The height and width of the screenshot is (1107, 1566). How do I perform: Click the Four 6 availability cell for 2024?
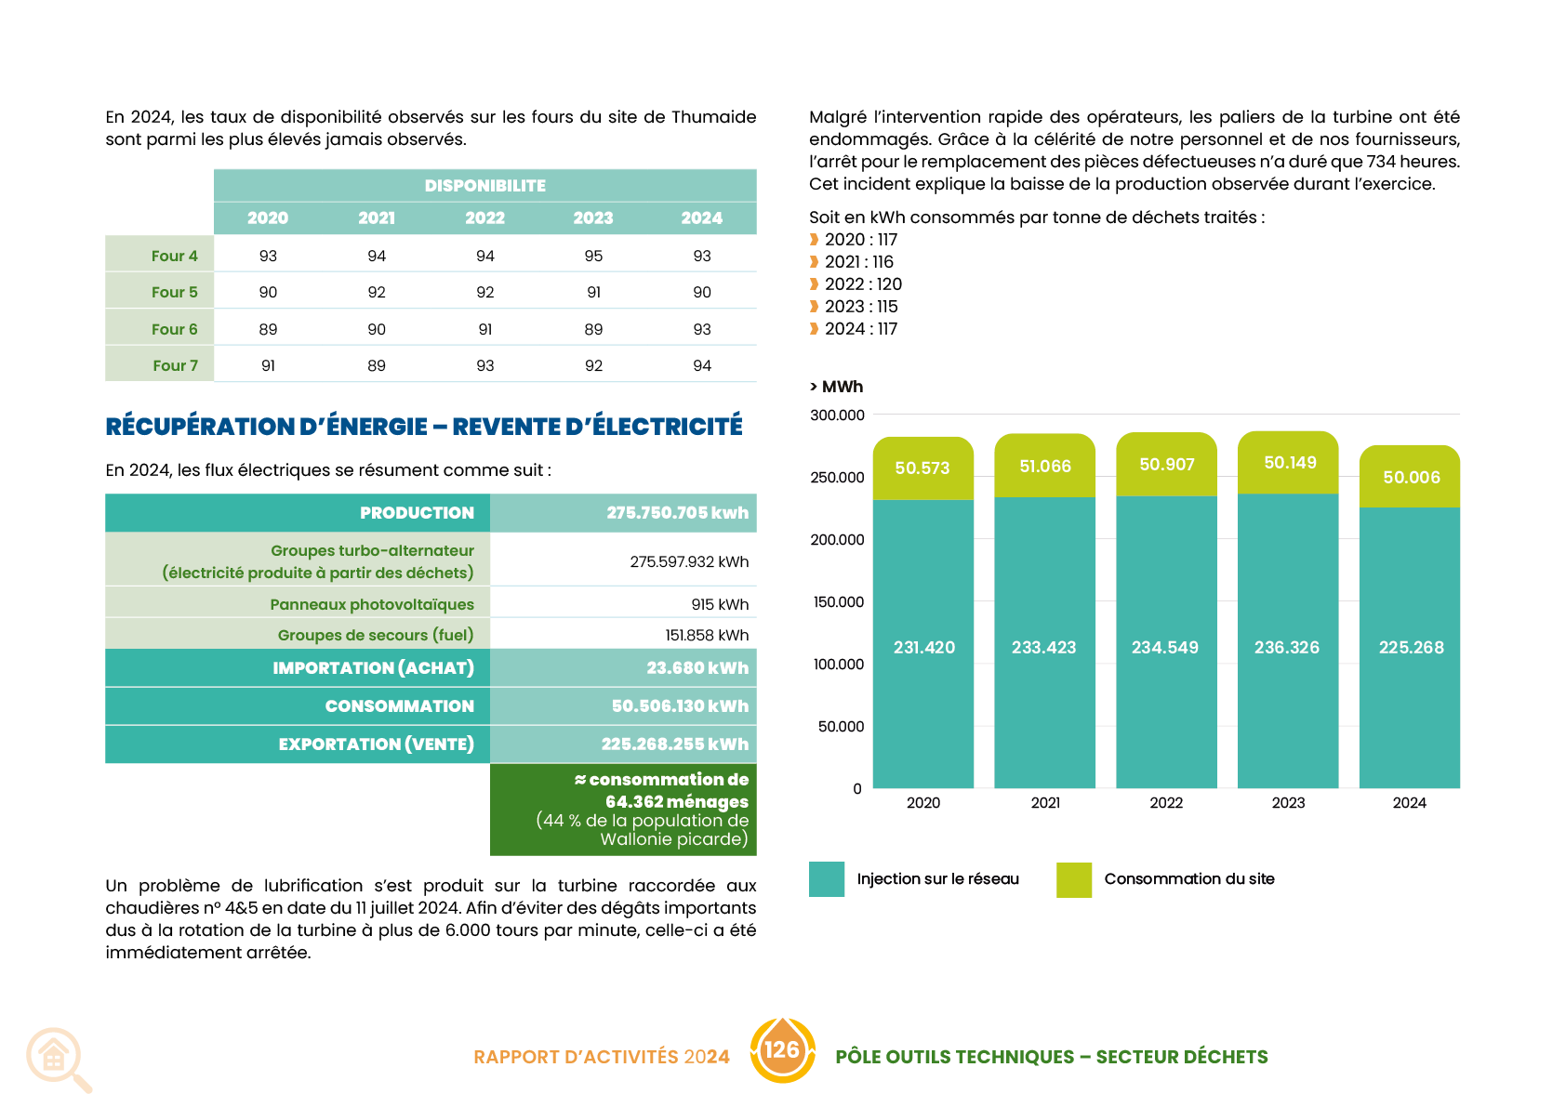point(702,329)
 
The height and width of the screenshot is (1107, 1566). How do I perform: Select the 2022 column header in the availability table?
point(484,217)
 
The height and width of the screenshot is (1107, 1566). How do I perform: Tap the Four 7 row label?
point(175,365)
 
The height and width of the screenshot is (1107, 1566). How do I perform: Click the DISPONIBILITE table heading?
point(484,185)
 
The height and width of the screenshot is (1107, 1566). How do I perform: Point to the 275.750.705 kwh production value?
point(677,513)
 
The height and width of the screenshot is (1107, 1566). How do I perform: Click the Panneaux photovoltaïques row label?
point(372,604)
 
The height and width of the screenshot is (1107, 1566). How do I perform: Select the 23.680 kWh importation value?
point(697,667)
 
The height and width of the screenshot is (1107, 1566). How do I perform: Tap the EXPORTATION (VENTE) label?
point(376,744)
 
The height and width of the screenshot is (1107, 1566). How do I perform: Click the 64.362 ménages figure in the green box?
point(676,801)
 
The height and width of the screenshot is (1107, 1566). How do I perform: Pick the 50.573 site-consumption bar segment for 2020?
point(922,468)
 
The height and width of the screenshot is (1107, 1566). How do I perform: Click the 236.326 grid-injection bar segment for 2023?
point(1287,647)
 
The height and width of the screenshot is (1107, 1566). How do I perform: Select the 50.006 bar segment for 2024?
point(1411,477)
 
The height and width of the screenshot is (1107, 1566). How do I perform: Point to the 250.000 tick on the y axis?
point(837,477)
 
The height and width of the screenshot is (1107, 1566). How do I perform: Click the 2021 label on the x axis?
point(1045,802)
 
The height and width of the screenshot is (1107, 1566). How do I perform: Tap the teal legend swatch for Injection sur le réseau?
point(826,879)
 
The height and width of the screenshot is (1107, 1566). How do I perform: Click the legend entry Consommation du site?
point(1188,878)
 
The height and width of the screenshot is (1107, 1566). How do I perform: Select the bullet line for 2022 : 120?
point(862,283)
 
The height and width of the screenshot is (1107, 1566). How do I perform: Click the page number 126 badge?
point(781,1050)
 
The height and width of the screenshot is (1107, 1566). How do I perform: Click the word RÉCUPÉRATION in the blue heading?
point(200,426)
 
